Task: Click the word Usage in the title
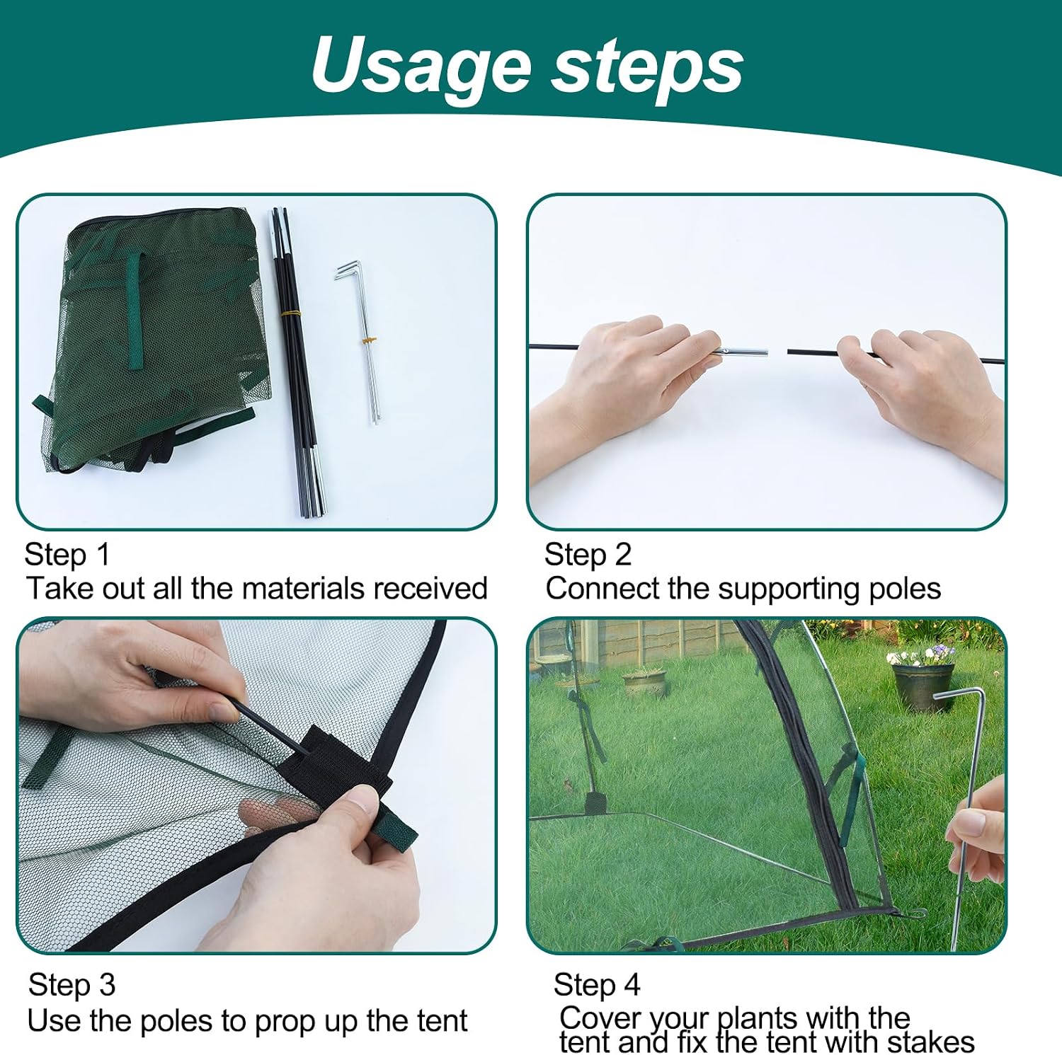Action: [421, 65]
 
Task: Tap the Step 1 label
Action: [67, 555]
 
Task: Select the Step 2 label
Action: [588, 555]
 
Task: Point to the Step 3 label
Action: [72, 985]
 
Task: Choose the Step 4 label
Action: [597, 985]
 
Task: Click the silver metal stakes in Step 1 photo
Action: [360, 342]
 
